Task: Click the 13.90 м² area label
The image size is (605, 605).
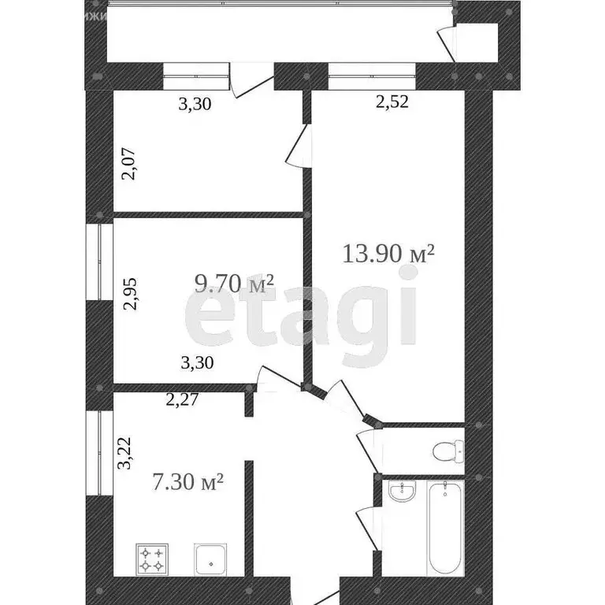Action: tap(389, 254)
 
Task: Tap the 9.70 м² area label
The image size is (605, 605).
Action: tap(235, 283)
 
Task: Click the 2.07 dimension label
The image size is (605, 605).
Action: tap(129, 164)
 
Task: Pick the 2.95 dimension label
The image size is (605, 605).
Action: tap(129, 294)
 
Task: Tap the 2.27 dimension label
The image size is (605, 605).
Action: tap(181, 399)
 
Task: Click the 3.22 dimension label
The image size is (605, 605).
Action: tap(124, 455)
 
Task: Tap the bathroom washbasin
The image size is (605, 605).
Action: tap(403, 493)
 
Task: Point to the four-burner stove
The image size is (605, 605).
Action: tap(151, 559)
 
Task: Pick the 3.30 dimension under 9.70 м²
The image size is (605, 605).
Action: tap(198, 363)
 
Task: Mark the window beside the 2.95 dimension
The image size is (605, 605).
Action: tap(100, 263)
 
